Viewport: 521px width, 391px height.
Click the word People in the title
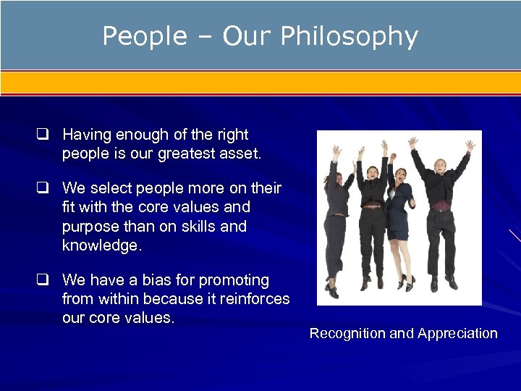pyautogui.click(x=144, y=36)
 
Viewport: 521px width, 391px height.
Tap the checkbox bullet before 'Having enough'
pyautogui.click(x=43, y=135)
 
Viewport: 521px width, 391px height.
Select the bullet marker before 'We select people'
pyautogui.click(x=43, y=188)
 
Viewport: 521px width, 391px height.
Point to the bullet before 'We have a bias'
pyautogui.click(x=43, y=280)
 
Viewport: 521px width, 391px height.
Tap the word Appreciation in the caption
pyautogui.click(x=457, y=334)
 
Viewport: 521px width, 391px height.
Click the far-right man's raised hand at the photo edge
pyautogui.click(x=470, y=146)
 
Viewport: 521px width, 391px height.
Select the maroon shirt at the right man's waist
pyautogui.click(x=441, y=206)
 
